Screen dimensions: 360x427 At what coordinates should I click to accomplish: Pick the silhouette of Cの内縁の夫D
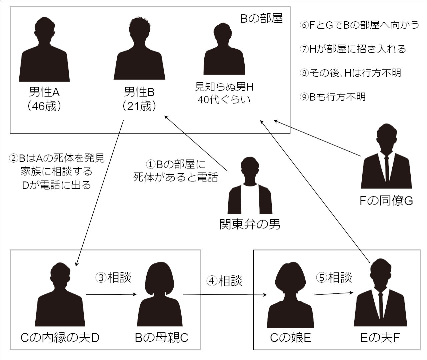(60, 296)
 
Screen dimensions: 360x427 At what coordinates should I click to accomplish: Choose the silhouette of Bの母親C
(160, 296)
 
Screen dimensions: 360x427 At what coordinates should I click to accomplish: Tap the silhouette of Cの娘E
(290, 296)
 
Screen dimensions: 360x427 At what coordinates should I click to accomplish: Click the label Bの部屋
(261, 19)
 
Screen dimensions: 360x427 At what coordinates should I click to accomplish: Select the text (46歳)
(44, 106)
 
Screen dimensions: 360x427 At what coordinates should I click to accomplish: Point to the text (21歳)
(139, 106)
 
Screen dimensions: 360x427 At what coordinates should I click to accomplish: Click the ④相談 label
(224, 281)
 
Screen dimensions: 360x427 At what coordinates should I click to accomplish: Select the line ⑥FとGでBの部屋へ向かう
(359, 25)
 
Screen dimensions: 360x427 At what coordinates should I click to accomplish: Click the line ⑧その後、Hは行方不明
(350, 73)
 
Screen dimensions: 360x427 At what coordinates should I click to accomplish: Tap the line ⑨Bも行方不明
(332, 97)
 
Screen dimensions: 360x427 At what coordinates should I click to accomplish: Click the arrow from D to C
(111, 294)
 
